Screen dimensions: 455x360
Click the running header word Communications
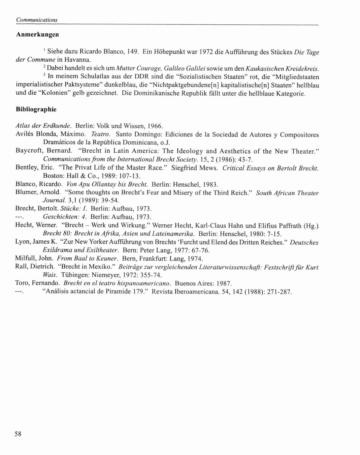(x=37, y=20)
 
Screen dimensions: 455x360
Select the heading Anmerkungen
(x=37, y=35)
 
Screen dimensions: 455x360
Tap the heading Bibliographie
(x=36, y=109)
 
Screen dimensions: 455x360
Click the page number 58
(x=18, y=434)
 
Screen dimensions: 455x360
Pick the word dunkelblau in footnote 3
(x=119, y=85)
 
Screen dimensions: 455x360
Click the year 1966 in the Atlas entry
(x=155, y=126)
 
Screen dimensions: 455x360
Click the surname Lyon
(x=22, y=242)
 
